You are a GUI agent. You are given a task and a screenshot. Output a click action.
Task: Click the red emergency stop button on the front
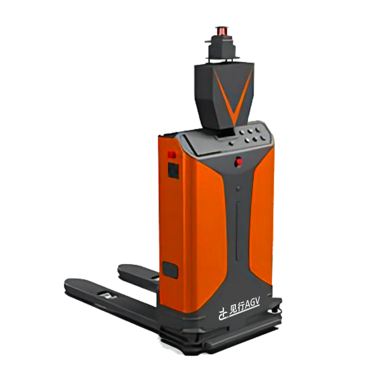tap(239, 162)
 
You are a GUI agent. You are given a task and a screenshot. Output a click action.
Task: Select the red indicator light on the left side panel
tap(172, 155)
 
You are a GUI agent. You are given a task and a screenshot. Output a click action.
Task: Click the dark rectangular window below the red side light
tap(173, 170)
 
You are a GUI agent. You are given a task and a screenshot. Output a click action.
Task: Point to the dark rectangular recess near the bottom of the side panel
tap(170, 270)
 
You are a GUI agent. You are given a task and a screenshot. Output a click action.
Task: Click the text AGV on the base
tap(252, 305)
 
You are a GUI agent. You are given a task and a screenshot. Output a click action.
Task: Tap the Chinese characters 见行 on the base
tap(237, 310)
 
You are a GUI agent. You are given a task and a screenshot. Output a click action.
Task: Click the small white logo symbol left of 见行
tap(223, 315)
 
